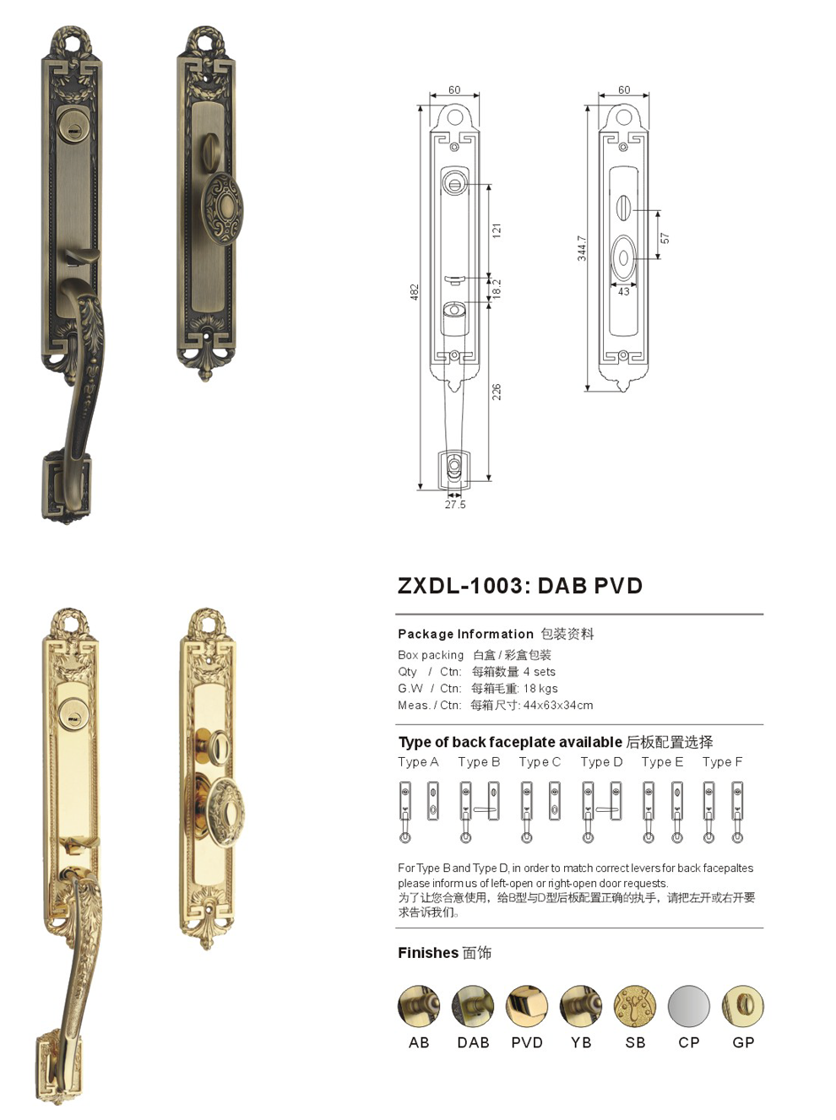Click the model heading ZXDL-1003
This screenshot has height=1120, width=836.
[460, 586]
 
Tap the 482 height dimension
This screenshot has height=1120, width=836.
[415, 292]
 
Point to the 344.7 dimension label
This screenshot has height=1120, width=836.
[581, 248]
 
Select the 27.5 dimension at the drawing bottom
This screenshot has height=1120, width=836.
[455, 505]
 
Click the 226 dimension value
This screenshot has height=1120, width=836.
[496, 392]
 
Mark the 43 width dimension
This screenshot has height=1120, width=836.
[624, 291]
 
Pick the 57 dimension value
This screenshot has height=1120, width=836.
[665, 238]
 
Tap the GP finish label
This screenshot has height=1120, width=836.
[742, 1042]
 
